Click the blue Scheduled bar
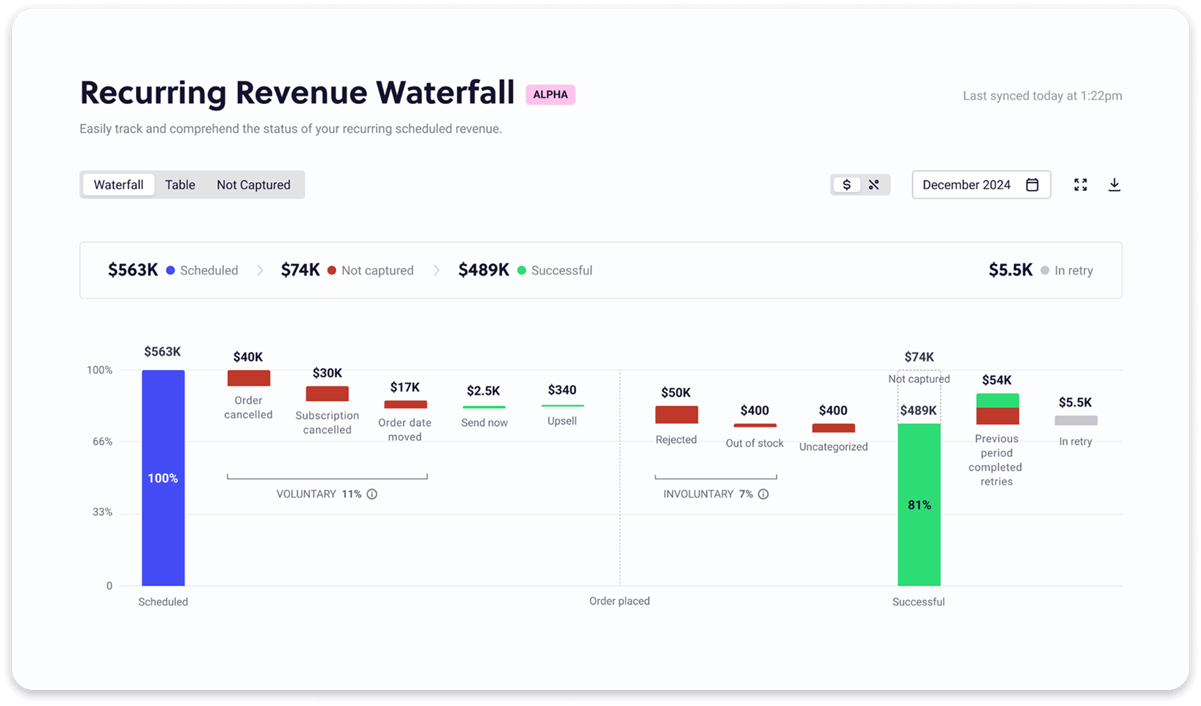pyautogui.click(x=163, y=478)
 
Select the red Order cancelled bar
pyautogui.click(x=249, y=378)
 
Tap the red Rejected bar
pyautogui.click(x=677, y=414)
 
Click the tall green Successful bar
pyautogui.click(x=919, y=504)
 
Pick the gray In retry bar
pyautogui.click(x=1076, y=421)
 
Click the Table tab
pyautogui.click(x=180, y=185)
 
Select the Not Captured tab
pyautogui.click(x=253, y=185)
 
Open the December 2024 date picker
pyautogui.click(x=981, y=185)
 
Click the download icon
pyautogui.click(x=1115, y=185)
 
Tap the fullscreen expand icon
pyautogui.click(x=1080, y=185)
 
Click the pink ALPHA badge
pyautogui.click(x=550, y=94)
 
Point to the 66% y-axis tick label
pyautogui.click(x=103, y=442)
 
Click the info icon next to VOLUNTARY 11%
pyautogui.click(x=372, y=494)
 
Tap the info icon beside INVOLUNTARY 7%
pyautogui.click(x=764, y=494)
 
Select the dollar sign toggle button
pyautogui.click(x=847, y=185)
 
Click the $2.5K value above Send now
pyautogui.click(x=483, y=391)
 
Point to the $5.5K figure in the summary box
pyautogui.click(x=1011, y=270)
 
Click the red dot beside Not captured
pyautogui.click(x=332, y=271)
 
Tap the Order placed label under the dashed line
pyautogui.click(x=619, y=601)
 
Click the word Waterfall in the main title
pyautogui.click(x=446, y=92)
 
